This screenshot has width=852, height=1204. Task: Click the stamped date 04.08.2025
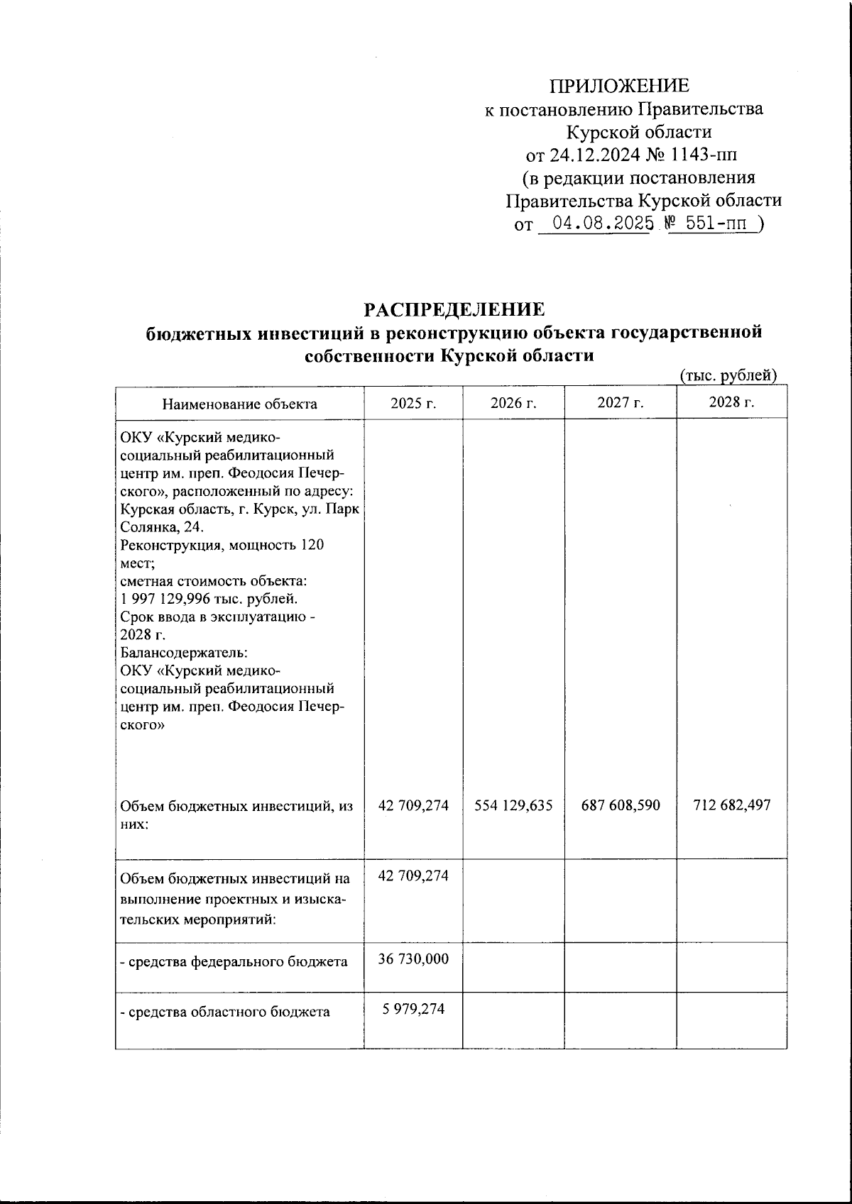pos(603,224)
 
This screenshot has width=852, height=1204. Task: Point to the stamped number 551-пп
pos(716,224)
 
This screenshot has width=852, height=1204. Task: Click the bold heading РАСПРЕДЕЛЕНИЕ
pos(454,310)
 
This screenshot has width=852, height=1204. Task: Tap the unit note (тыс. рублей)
pos(728,375)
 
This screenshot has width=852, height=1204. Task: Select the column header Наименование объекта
pos(240,404)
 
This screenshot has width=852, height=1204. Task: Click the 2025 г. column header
pos(413,404)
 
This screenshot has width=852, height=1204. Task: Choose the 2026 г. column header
pos(513,404)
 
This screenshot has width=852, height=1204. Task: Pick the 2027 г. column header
pos(620,403)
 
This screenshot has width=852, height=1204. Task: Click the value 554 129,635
pos(513,805)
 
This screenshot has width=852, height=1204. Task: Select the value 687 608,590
pos(621,805)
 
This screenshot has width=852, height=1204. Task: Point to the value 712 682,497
pos(731,805)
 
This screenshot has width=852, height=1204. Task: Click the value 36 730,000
pos(413,959)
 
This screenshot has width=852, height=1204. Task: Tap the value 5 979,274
pos(413,1008)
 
